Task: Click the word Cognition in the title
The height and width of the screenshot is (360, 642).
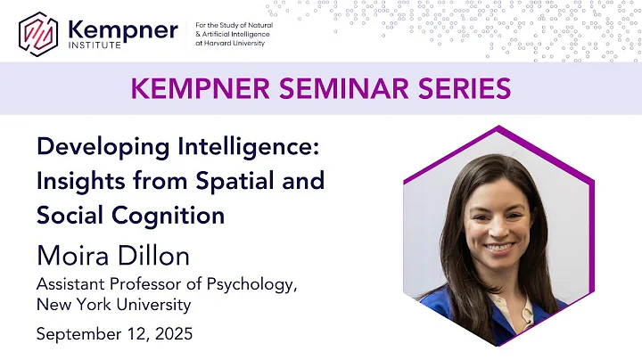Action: (177, 215)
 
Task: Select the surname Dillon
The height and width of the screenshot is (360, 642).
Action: (159, 255)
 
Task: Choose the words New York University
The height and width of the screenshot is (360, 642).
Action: (113, 306)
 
